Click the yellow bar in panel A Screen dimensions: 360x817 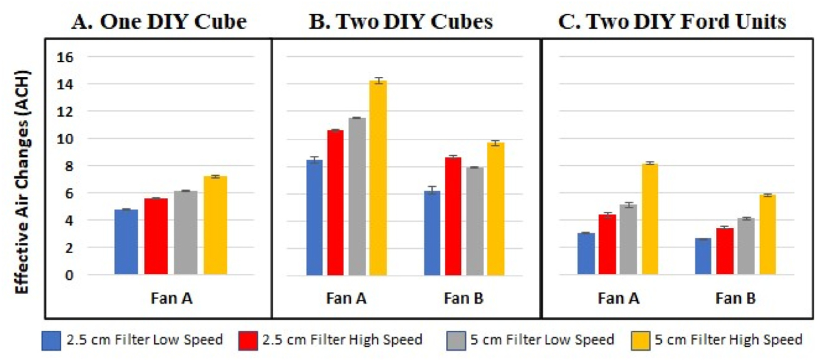(215, 225)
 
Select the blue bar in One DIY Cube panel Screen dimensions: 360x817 (126, 242)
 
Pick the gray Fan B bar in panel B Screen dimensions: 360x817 (475, 221)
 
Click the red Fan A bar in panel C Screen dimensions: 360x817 (607, 244)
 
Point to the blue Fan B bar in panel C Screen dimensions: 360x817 (703, 256)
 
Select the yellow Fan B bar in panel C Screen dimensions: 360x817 (768, 234)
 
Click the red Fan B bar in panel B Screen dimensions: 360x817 (453, 216)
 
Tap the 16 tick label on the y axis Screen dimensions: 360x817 (65, 57)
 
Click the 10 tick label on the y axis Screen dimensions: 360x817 (65, 139)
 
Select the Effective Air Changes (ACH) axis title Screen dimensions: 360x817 (22, 182)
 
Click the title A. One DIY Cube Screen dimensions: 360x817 (159, 21)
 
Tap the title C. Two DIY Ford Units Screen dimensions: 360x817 (672, 21)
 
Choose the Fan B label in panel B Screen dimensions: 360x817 (463, 298)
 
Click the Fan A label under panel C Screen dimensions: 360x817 (618, 298)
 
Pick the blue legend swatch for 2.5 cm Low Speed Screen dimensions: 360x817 (51, 340)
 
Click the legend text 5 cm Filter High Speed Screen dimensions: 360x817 (728, 340)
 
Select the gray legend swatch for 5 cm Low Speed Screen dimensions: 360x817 (456, 340)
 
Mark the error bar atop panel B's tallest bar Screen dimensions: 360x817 (378, 81)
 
